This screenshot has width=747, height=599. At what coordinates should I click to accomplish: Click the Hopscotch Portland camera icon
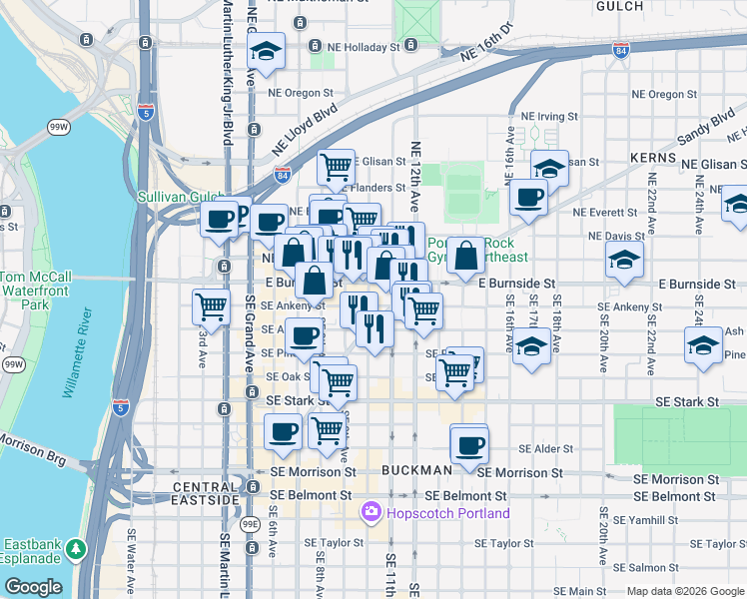coord(372,513)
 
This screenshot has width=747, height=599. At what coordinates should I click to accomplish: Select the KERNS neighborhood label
coord(654,158)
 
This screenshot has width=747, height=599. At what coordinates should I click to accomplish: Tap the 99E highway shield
coord(249,523)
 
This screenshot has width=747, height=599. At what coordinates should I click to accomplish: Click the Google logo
coord(33,587)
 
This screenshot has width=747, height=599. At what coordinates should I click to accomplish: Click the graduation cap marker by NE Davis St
coord(624,262)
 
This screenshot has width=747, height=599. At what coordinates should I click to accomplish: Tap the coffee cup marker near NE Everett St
coord(528,197)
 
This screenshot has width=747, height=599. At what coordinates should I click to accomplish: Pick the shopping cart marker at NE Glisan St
coord(336,166)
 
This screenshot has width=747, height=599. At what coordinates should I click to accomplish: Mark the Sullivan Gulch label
coord(181,198)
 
